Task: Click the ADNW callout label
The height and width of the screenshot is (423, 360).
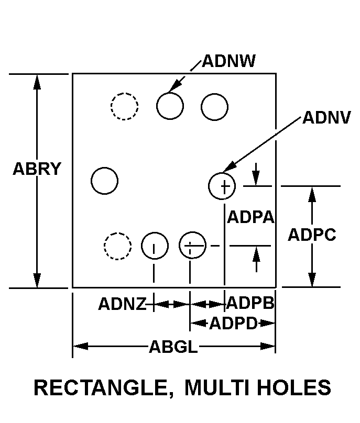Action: [x=228, y=61]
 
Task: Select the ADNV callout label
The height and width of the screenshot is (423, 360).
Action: [x=326, y=118]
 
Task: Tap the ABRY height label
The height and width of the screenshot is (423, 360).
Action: [x=37, y=169]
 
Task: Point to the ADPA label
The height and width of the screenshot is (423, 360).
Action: [x=250, y=217]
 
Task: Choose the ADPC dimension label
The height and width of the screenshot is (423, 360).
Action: [x=312, y=235]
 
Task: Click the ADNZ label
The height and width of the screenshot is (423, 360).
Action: [x=122, y=304]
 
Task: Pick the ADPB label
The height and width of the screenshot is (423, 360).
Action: [x=250, y=303]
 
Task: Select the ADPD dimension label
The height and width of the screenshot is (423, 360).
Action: [x=233, y=323]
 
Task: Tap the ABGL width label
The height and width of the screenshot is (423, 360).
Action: [x=173, y=347]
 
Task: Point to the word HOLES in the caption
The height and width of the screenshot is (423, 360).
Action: [x=294, y=387]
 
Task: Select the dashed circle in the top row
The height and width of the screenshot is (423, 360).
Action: [x=125, y=106]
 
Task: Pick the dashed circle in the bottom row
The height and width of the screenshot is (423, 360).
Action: [x=118, y=246]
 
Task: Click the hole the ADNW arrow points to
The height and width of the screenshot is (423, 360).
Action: [x=170, y=106]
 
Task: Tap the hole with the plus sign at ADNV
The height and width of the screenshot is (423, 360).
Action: [x=222, y=186]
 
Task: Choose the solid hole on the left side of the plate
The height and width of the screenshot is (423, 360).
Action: [x=104, y=181]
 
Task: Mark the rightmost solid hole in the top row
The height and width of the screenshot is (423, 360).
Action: [x=214, y=107]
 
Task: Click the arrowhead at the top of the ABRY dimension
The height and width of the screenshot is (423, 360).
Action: [x=37, y=82]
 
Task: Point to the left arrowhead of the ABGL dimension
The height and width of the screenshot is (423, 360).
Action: [x=81, y=346]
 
